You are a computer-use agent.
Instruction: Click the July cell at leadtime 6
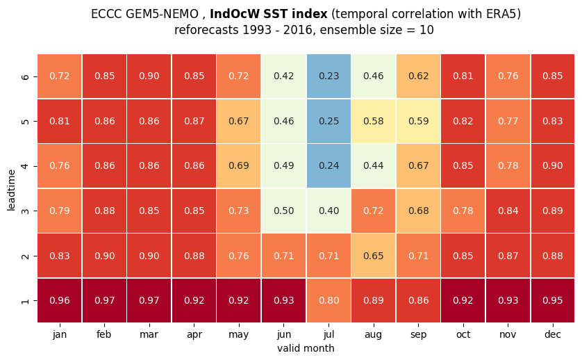click(x=329, y=76)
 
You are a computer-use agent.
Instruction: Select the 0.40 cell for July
click(x=329, y=211)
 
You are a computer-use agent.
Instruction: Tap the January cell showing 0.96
click(x=60, y=300)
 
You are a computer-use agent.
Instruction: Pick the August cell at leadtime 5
click(x=374, y=121)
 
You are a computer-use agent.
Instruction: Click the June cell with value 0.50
click(x=283, y=211)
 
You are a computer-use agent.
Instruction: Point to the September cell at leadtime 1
click(x=418, y=300)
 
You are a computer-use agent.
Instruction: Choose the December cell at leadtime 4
click(x=553, y=165)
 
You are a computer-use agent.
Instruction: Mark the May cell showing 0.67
click(x=239, y=121)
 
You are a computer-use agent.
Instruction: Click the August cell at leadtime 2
click(x=374, y=256)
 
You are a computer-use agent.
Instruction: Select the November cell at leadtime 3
click(x=508, y=211)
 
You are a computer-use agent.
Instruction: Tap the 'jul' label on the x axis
click(x=329, y=334)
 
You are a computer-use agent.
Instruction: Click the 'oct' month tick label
click(x=463, y=334)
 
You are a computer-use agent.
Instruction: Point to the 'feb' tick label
click(x=104, y=334)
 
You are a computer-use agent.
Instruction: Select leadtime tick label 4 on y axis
click(x=25, y=166)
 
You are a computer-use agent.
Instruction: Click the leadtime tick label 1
click(x=25, y=300)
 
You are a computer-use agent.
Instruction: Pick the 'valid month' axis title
click(x=306, y=348)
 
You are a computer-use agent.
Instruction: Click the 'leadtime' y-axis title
click(x=11, y=190)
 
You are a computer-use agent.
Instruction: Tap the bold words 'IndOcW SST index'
click(x=268, y=14)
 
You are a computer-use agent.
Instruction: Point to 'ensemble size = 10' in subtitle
click(x=376, y=30)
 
